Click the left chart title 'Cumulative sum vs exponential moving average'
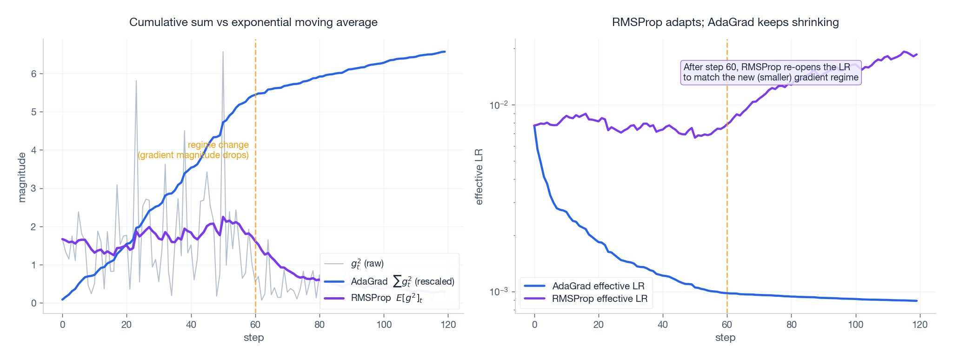[253, 22]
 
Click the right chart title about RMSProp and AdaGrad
[725, 22]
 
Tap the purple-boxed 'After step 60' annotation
[771, 72]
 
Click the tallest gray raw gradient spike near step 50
[223, 52]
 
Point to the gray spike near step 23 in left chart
[136, 81]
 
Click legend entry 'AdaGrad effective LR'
[598, 286]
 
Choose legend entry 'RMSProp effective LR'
[600, 299]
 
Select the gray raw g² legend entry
[367, 264]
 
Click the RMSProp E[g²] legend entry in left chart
[386, 298]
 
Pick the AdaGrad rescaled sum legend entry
[402, 281]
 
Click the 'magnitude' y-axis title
[21, 177]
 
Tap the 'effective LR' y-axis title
[479, 177]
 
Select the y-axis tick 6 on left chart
[34, 73]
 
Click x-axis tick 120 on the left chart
[447, 325]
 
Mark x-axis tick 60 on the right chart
[727, 325]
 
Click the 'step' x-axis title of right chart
[725, 338]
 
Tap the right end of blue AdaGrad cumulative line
[445, 52]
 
